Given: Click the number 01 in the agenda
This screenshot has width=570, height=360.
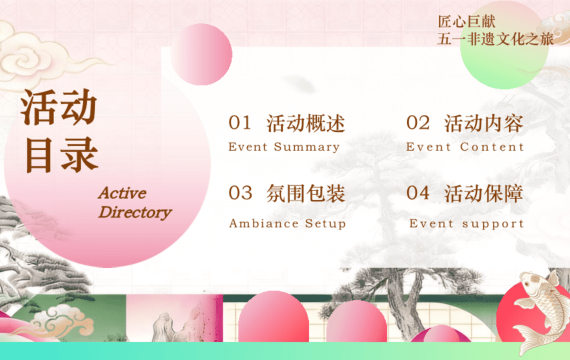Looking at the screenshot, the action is [240, 123].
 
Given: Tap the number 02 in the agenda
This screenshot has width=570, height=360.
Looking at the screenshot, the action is [418, 123].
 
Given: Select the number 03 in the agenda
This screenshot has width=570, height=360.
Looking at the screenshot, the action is [240, 193].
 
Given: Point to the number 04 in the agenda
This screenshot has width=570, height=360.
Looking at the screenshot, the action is [418, 193].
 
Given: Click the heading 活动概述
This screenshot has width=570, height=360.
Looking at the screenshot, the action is [305, 123].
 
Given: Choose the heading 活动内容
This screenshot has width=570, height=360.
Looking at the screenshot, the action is [484, 123].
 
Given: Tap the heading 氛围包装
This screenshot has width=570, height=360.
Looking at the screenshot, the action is [305, 193].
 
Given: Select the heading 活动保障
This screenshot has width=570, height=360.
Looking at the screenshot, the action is [484, 193].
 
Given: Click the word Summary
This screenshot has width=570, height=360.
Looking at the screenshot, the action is [307, 147].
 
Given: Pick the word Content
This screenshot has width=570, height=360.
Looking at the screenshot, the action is [492, 147].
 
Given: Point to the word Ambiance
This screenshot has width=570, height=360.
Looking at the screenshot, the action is [264, 223].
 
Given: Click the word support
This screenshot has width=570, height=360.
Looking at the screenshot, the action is [493, 224].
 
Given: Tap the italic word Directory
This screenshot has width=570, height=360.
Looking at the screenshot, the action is [135, 213].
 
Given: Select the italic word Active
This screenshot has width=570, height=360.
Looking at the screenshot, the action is [122, 193].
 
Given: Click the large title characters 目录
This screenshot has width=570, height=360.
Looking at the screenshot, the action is [61, 155].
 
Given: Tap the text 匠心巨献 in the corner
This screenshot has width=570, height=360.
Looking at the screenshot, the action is [466, 21].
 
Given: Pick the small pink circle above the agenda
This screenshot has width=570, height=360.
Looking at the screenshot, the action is [201, 54].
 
